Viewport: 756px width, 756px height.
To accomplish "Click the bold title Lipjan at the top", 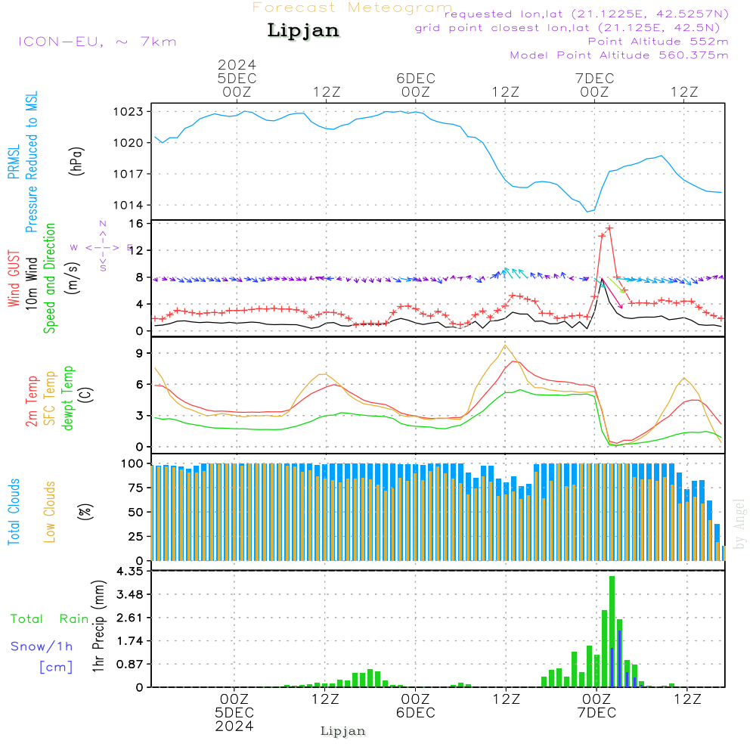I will coord(303,31).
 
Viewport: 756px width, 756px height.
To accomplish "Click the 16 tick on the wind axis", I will coord(137,224).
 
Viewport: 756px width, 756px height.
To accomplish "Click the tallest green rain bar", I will coord(612,631).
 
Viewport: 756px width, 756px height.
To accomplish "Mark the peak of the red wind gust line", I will coord(609,228).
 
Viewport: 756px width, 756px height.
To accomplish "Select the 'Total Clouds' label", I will coord(14,512).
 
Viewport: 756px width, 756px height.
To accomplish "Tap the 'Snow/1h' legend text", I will coord(42,646).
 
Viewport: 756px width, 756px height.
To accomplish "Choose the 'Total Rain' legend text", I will coord(50,619).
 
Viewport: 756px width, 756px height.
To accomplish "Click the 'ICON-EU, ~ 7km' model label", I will coord(97,42).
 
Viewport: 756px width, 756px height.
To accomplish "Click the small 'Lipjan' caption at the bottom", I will coord(343,731).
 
